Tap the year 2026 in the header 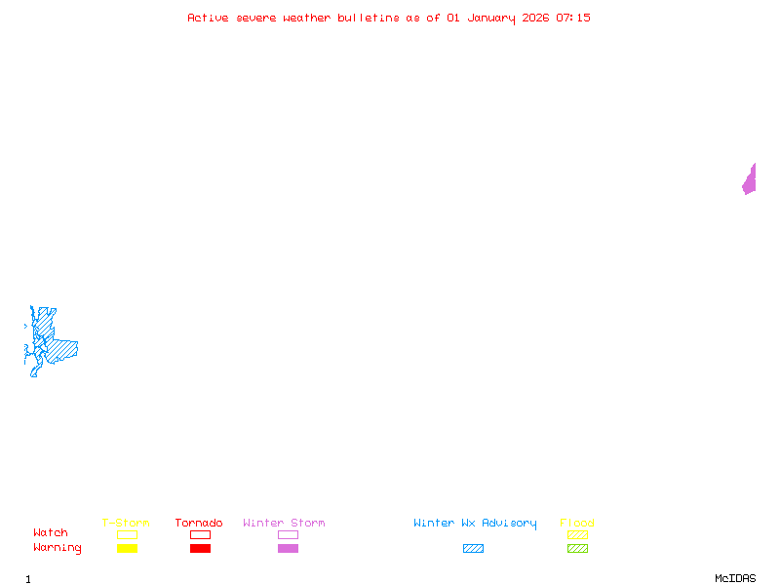click(x=535, y=18)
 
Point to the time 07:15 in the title click(x=573, y=18)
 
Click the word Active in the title click(x=209, y=18)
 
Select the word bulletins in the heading click(x=369, y=18)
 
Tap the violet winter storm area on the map click(x=750, y=180)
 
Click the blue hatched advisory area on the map click(x=58, y=348)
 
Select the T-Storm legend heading click(x=126, y=524)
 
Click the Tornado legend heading click(x=199, y=524)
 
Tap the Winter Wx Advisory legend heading click(x=475, y=524)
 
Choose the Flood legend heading click(x=577, y=524)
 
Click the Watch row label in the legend click(x=51, y=533)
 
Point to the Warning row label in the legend click(x=58, y=548)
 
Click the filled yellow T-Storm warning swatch click(x=127, y=549)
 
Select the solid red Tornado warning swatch click(x=200, y=549)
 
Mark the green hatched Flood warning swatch click(x=577, y=549)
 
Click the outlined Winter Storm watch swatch click(x=288, y=535)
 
